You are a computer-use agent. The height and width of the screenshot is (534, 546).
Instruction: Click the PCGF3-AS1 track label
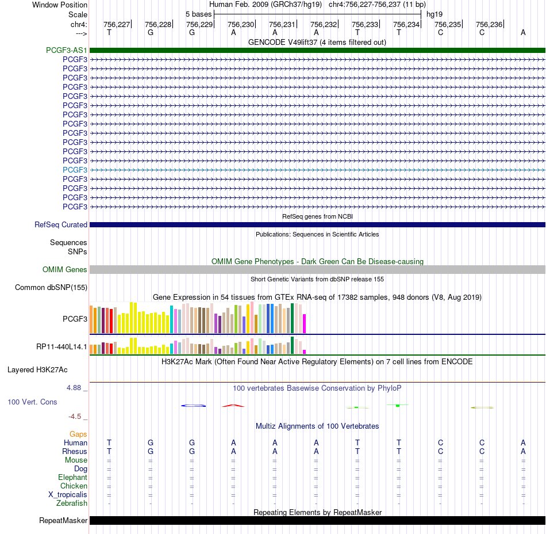point(67,50)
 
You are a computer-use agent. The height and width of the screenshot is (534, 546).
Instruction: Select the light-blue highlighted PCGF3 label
point(75,170)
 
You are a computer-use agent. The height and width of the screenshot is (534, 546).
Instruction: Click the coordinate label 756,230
point(241,24)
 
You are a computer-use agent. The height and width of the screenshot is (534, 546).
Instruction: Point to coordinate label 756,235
point(448,24)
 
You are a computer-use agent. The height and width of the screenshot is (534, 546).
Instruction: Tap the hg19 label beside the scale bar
point(435,14)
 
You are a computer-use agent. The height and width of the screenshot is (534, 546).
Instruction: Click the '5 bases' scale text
point(198,14)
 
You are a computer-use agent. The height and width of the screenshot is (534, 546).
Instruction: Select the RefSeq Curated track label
point(61,225)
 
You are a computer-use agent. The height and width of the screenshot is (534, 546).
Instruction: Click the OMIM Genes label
point(65,269)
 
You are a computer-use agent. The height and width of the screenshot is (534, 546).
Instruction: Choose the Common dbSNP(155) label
point(51,288)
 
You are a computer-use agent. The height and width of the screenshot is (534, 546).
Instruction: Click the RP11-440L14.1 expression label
point(61,347)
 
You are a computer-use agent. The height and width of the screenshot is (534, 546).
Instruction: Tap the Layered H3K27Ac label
point(37,370)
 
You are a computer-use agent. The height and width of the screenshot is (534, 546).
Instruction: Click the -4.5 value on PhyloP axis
point(75,417)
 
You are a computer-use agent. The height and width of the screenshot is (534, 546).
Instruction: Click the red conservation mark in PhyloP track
point(233,406)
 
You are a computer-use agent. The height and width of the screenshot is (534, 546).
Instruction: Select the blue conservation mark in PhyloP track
point(194,406)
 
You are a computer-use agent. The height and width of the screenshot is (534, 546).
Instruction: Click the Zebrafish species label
point(72,504)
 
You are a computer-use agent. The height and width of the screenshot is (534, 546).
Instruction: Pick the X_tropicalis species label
point(68,495)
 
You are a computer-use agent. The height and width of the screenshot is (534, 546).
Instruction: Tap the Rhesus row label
point(75,451)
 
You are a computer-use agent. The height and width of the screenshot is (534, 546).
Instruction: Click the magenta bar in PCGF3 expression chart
point(305,324)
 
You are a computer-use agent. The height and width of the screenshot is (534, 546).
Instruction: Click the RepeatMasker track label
point(63,520)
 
